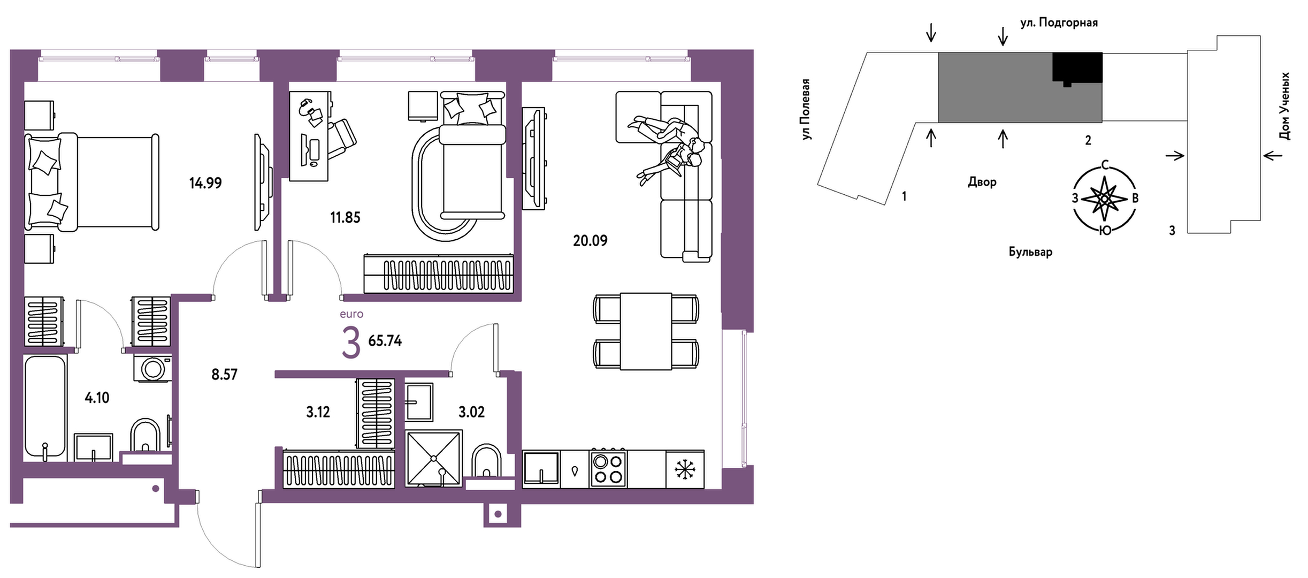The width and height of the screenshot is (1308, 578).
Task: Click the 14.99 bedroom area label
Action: [205, 183]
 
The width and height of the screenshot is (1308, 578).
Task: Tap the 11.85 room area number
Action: [345, 217]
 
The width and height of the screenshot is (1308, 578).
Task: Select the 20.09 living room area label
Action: [590, 241]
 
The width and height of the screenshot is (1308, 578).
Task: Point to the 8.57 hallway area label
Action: [224, 374]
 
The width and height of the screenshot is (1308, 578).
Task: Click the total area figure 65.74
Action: [385, 341]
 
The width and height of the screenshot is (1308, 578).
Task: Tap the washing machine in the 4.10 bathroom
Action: [153, 368]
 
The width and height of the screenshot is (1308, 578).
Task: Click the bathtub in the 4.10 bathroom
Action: [45, 407]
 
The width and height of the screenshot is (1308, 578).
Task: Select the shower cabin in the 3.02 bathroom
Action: [433, 459]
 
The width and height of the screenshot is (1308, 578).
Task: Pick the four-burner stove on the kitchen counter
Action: [608, 469]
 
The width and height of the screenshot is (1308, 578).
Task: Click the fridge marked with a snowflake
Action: [685, 469]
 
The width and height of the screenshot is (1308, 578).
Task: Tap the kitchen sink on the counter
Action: [541, 468]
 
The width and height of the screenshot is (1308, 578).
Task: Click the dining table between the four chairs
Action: [646, 331]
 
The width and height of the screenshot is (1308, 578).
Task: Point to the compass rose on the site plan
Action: [1105, 199]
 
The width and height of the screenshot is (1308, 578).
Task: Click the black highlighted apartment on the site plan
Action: [1077, 68]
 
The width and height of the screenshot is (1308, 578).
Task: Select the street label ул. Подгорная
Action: [1059, 22]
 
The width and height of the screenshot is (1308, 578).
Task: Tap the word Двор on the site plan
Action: [982, 182]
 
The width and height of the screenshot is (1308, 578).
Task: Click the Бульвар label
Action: [1030, 252]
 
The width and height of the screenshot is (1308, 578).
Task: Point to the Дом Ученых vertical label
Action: [1284, 106]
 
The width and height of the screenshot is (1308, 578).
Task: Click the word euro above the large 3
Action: [351, 314]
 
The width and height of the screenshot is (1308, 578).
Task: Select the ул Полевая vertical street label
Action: [805, 109]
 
